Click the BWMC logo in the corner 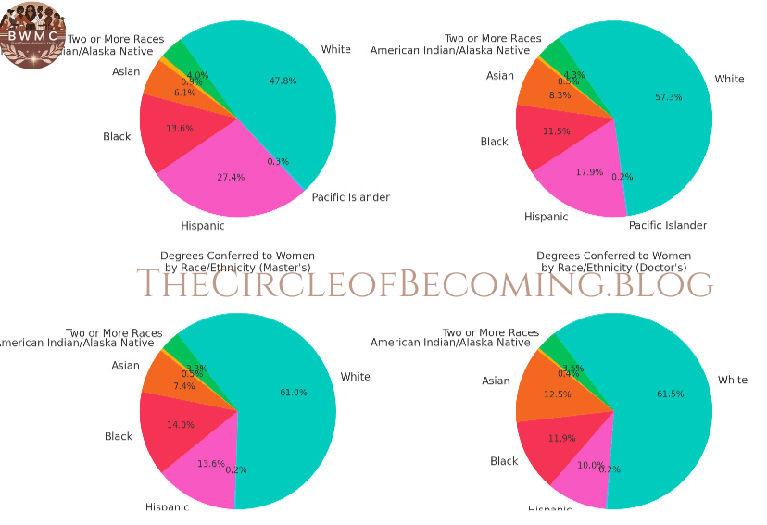pyautogui.click(x=32, y=34)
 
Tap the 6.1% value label pyautogui.click(x=184, y=93)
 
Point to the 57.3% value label pyautogui.click(x=668, y=97)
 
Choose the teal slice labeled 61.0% pyautogui.click(x=292, y=394)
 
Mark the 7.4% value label pyautogui.click(x=183, y=385)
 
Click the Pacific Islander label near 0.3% pyautogui.click(x=350, y=197)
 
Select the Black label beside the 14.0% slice pyautogui.click(x=119, y=436)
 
